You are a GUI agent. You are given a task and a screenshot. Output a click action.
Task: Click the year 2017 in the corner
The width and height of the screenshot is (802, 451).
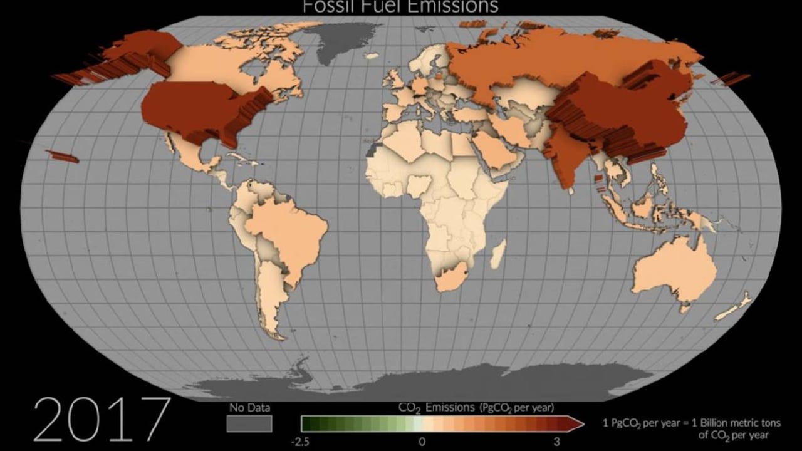click(x=101, y=418)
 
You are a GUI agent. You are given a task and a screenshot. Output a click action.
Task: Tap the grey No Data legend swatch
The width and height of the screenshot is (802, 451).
click(x=249, y=424)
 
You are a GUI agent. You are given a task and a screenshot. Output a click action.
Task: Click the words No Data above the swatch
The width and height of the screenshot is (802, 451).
click(x=249, y=408)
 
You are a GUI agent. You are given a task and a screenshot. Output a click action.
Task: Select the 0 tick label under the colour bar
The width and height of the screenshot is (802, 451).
click(x=422, y=441)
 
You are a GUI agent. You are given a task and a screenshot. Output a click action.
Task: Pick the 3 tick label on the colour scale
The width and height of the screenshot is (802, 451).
click(x=556, y=441)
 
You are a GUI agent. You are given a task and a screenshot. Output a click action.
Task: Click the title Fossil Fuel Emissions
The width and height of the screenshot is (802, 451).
click(x=400, y=6)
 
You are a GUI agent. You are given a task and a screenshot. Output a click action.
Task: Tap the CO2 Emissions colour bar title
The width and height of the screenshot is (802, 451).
click(x=476, y=408)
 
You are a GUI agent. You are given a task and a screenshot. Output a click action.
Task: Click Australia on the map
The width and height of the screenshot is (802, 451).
click(x=674, y=272)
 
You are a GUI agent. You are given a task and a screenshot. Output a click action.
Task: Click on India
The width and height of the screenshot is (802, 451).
click(x=567, y=157)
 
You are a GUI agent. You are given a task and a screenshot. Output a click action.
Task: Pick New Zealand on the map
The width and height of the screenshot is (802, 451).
click(x=733, y=307)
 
